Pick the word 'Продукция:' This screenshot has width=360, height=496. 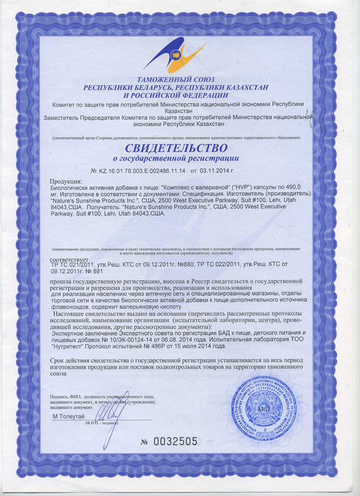pyautogui.click(x=65, y=181)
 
